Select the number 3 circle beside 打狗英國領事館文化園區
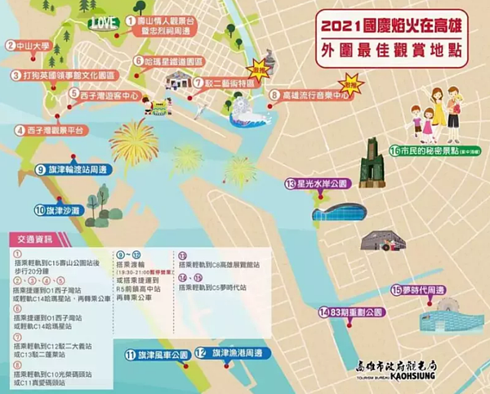pos(16,75)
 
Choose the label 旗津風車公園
pos(162,355)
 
